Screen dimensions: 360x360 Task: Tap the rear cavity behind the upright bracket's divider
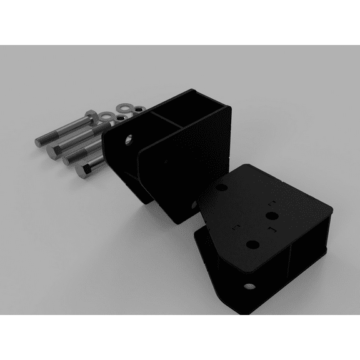tap(199, 112)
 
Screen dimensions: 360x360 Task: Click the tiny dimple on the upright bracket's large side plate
tap(165, 162)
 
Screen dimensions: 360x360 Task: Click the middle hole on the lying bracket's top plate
tap(271, 216)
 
